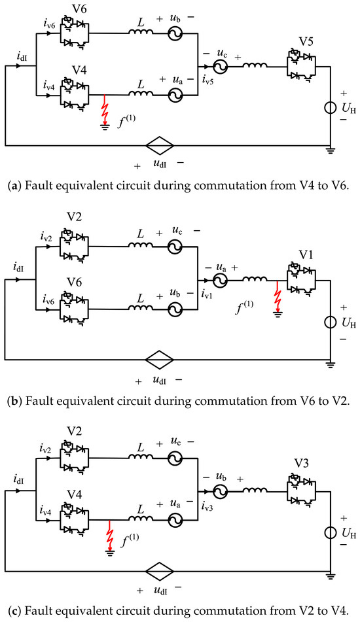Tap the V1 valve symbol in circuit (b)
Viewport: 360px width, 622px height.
pos(301,281)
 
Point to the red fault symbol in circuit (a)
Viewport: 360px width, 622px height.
pos(105,112)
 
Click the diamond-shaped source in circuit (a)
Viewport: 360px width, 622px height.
pos(160,146)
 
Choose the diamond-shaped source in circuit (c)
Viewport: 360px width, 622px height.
pos(160,571)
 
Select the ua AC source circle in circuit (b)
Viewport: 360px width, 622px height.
pos(219,281)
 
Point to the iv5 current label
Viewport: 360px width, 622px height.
pos(207,82)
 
